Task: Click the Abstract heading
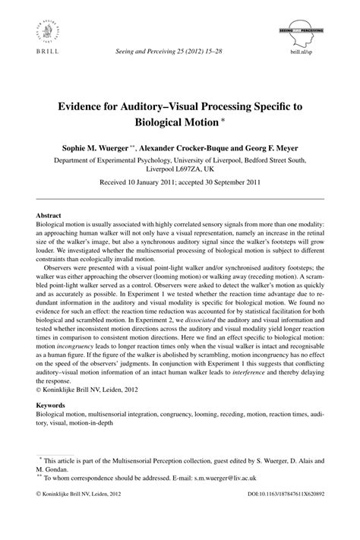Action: pos(49,215)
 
